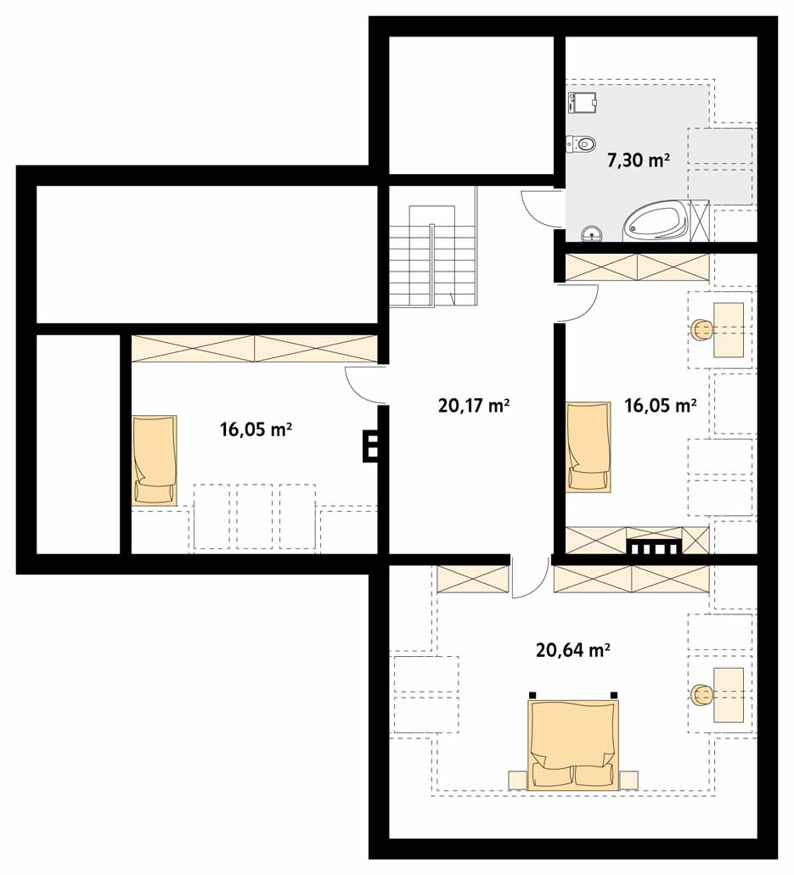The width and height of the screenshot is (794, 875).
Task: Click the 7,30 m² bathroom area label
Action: coord(639,160)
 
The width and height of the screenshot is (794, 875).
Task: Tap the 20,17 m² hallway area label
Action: coord(474,405)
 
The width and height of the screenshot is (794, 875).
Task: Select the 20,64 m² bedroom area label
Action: coord(573,650)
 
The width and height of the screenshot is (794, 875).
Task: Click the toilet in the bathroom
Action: coord(581,144)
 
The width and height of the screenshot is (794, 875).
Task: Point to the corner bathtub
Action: coord(656,222)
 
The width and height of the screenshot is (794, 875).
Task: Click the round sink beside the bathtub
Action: coord(591,234)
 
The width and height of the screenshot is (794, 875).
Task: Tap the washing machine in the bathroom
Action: coord(583,104)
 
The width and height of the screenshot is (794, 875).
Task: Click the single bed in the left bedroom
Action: coord(155,460)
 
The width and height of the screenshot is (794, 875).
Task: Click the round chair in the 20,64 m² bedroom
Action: coord(702,695)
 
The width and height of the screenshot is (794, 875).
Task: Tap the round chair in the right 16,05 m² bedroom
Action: coord(702,330)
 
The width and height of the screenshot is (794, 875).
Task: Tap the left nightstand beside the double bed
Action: coord(518,780)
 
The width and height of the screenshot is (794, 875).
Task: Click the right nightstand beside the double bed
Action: coord(628,780)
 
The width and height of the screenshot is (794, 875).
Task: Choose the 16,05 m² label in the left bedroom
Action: coord(256,429)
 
